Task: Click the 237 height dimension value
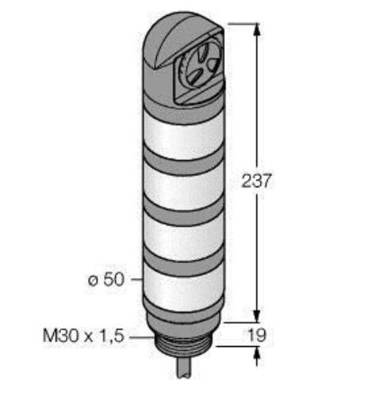click(x=256, y=181)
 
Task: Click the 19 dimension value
click(x=257, y=335)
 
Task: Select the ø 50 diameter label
click(x=106, y=280)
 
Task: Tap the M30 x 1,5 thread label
click(x=83, y=336)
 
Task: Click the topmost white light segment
click(x=183, y=135)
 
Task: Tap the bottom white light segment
click(x=183, y=287)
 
